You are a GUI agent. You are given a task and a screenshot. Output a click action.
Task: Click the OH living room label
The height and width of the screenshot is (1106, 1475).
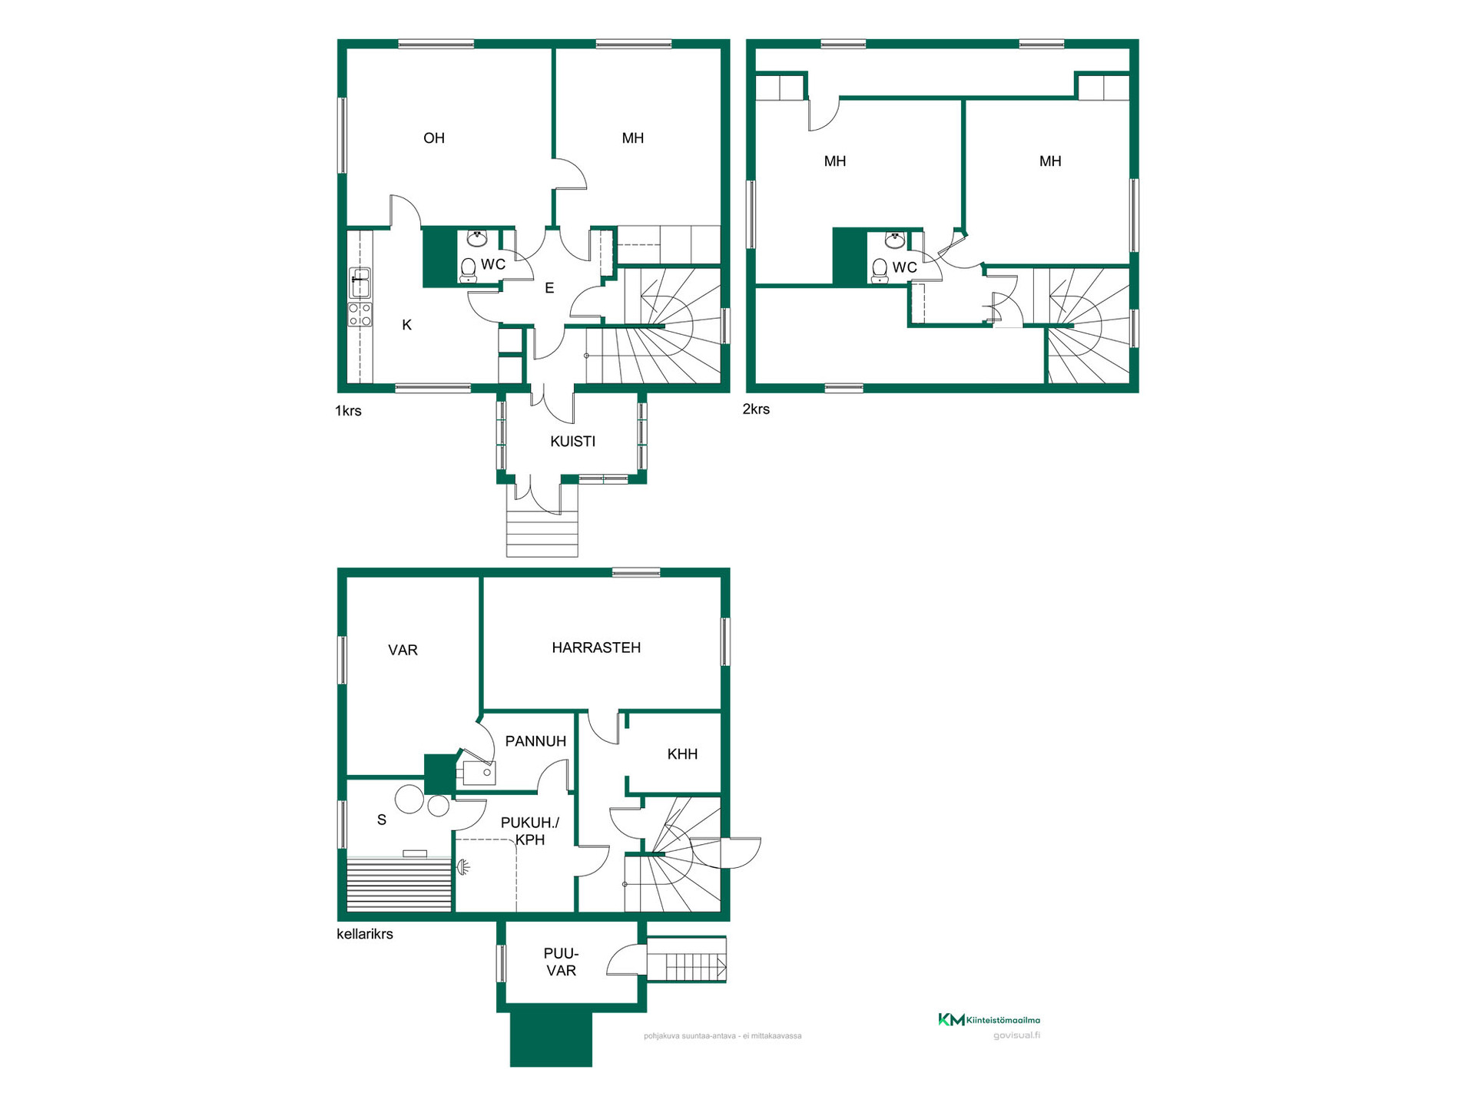tap(434, 138)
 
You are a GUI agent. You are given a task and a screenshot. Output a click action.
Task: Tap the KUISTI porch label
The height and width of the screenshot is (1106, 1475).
tap(573, 442)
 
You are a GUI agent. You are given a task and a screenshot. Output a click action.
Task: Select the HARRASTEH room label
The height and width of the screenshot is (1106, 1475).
tap(596, 647)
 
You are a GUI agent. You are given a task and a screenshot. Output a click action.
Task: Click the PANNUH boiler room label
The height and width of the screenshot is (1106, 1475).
tap(535, 741)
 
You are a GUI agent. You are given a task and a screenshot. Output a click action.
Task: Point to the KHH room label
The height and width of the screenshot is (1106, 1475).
tap(682, 754)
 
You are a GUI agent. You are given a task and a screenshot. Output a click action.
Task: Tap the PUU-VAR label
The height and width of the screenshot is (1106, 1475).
tap(562, 962)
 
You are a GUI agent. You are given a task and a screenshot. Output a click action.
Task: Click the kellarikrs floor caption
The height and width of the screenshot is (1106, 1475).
tap(365, 934)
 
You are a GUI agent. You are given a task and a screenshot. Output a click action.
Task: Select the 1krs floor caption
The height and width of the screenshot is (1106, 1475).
tap(348, 411)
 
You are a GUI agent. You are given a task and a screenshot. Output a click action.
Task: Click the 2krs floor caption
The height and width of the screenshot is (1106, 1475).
tap(756, 409)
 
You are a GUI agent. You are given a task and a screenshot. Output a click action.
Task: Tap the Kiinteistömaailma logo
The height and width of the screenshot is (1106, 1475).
tap(989, 1020)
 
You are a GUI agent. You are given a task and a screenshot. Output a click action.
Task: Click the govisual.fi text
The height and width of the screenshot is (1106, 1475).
tap(1016, 1035)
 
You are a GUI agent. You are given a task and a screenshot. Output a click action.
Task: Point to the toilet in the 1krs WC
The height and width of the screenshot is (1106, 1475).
tap(468, 270)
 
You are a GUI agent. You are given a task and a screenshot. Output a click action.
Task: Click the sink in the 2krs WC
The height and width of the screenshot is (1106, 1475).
tap(895, 240)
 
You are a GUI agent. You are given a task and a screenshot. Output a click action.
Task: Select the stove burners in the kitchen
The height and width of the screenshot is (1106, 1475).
tap(360, 314)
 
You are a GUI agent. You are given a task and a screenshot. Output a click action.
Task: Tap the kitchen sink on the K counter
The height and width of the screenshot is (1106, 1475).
tap(360, 283)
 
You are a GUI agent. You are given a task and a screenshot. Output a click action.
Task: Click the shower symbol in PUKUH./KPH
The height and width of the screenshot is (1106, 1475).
tap(462, 868)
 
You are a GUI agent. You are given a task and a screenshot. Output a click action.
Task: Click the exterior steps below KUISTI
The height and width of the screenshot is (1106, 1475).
tap(542, 535)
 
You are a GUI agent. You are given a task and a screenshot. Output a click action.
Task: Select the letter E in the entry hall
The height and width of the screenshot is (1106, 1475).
tap(549, 289)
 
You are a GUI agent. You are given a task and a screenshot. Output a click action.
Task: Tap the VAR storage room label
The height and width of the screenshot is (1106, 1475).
tap(403, 651)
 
